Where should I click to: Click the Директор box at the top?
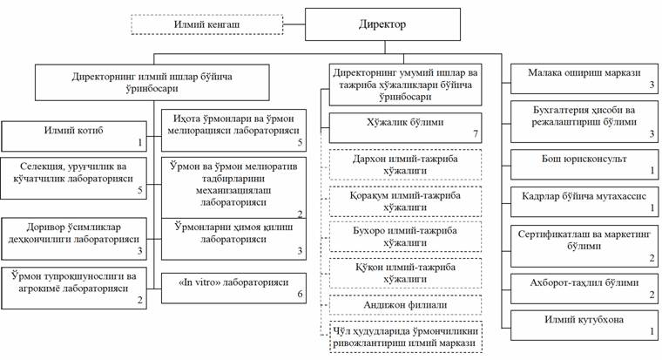[381, 25]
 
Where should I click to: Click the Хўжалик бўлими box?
[405, 130]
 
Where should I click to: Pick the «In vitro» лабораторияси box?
[235, 288]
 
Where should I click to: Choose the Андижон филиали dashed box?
[405, 305]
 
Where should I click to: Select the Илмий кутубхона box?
[584, 325]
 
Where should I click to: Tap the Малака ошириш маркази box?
[584, 78]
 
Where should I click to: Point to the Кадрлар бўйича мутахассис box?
[584, 202]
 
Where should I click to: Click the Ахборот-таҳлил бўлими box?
[584, 287]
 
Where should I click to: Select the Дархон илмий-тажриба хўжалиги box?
[405, 166]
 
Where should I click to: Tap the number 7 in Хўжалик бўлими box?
[475, 137]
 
